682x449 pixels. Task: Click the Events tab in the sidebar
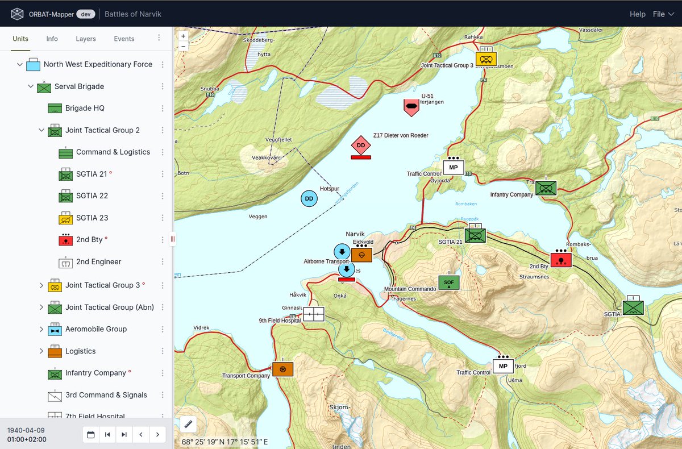click(124, 39)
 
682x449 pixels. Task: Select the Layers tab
click(86, 39)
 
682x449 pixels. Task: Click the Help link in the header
click(637, 14)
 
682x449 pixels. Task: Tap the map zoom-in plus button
click(183, 36)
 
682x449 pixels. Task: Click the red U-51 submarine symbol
click(411, 107)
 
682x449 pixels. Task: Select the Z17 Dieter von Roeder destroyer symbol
click(360, 146)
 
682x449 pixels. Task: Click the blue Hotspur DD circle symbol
click(309, 198)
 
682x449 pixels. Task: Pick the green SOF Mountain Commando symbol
click(448, 282)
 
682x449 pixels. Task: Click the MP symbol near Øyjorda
click(453, 167)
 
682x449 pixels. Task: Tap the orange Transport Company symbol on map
click(282, 369)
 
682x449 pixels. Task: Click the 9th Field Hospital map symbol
click(313, 314)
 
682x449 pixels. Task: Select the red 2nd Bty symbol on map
click(561, 260)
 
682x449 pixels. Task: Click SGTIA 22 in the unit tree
click(92, 196)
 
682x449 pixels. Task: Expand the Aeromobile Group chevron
click(41, 329)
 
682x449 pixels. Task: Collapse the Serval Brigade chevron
click(31, 86)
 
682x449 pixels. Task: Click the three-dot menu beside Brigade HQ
click(163, 108)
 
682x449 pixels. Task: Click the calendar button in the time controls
click(90, 435)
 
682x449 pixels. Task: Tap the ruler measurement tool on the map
click(187, 424)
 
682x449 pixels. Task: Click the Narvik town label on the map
click(355, 234)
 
